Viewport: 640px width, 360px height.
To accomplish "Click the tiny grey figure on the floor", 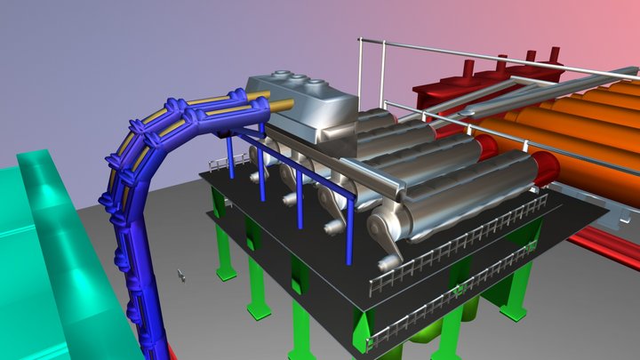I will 181,276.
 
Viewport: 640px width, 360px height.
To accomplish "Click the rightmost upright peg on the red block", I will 555,54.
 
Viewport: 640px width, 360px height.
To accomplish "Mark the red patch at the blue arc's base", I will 172,353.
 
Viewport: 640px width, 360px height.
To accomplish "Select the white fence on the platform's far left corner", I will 217,164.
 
